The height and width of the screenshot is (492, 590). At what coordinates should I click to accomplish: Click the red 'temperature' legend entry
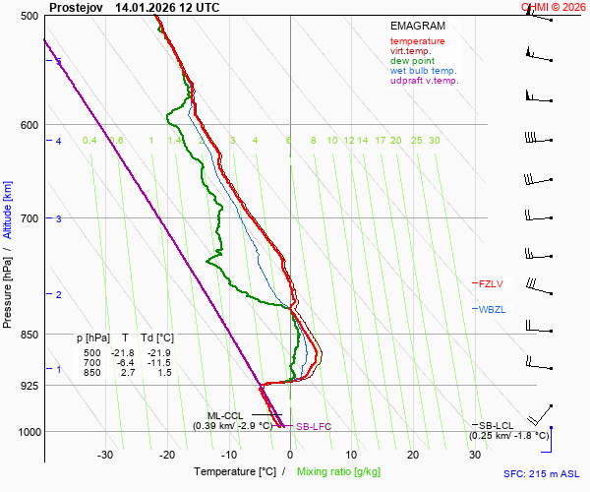click(417, 41)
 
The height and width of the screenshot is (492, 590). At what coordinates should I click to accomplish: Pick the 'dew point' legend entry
click(412, 61)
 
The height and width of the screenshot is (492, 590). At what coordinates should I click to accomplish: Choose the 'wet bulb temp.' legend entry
click(423, 71)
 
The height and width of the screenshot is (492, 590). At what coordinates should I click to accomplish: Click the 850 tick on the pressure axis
click(28, 335)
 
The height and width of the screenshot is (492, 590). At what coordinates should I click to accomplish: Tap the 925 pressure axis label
click(28, 385)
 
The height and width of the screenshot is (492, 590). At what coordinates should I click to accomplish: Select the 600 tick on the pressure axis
click(28, 124)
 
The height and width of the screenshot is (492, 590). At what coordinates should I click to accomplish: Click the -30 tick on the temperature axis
click(105, 455)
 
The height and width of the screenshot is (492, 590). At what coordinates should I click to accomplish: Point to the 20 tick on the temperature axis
click(413, 455)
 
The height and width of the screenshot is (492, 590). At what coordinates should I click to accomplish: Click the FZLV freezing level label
click(491, 283)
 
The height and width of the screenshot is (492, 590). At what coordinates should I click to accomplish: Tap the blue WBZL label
click(491, 309)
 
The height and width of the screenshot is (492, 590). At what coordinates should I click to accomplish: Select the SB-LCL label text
click(498, 424)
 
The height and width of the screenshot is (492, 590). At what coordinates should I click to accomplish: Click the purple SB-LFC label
click(314, 427)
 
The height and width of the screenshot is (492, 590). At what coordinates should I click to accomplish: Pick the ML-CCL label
click(225, 415)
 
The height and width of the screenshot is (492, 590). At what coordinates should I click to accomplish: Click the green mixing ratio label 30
click(434, 141)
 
